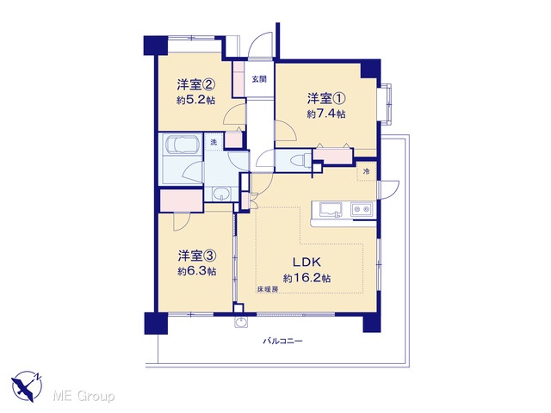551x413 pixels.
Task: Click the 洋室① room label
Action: click(x=327, y=99)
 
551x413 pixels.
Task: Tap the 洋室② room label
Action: click(x=195, y=84)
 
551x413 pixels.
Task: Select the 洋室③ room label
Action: click(x=196, y=256)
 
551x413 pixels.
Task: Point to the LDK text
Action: click(x=306, y=262)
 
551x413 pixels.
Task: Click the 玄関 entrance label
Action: click(x=259, y=79)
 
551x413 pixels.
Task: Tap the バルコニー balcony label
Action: click(x=283, y=341)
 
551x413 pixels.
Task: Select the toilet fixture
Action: click(x=300, y=159)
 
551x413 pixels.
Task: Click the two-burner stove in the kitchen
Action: click(x=362, y=209)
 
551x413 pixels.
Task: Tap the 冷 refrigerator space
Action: click(x=367, y=171)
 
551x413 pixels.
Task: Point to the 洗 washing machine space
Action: click(x=214, y=142)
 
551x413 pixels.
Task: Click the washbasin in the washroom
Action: click(x=221, y=194)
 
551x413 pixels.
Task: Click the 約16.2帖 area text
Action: click(x=306, y=278)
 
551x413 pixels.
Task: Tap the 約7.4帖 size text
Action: click(x=326, y=114)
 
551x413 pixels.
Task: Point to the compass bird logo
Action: click(x=27, y=386)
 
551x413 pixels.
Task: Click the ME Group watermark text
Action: click(x=84, y=396)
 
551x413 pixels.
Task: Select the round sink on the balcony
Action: click(x=241, y=322)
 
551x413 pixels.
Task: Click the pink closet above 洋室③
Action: click(x=182, y=200)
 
